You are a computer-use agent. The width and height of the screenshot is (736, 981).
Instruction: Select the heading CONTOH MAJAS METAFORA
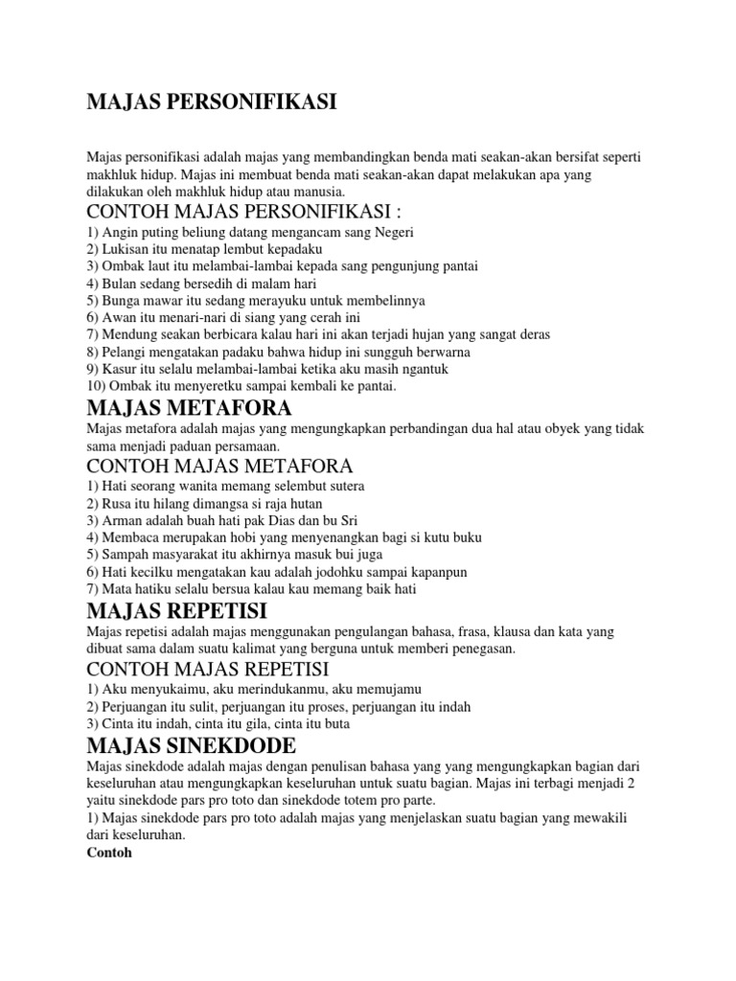pos(220,467)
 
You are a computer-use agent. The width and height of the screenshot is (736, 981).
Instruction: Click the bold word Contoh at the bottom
pos(107,853)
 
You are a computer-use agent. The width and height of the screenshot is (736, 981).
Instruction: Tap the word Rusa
pos(118,504)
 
